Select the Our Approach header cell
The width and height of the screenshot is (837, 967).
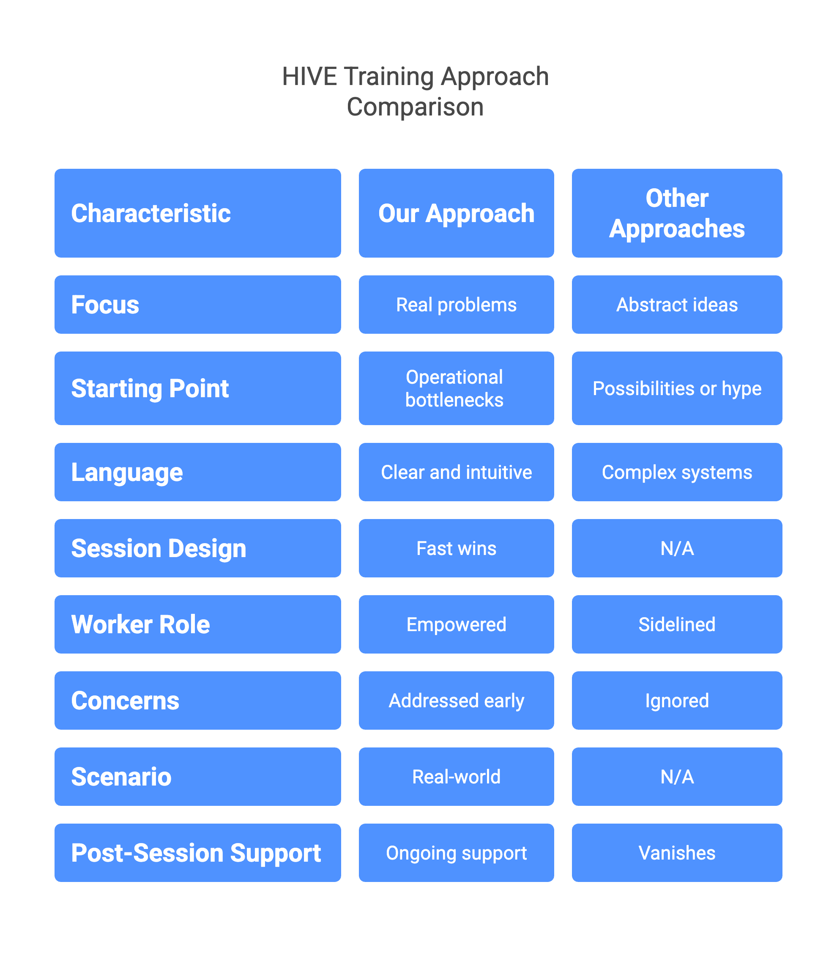pyautogui.click(x=456, y=213)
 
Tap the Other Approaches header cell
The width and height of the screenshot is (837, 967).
pyautogui.click(x=676, y=213)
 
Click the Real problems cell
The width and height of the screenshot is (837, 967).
pyautogui.click(x=456, y=305)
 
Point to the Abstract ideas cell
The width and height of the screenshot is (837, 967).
pyautogui.click(x=676, y=305)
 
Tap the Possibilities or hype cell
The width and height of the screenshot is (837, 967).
pyautogui.click(x=676, y=388)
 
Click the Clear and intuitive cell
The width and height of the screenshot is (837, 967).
pyautogui.click(x=456, y=472)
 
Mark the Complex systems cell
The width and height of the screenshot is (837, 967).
pyautogui.click(x=676, y=472)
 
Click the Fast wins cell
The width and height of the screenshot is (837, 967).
pyautogui.click(x=456, y=548)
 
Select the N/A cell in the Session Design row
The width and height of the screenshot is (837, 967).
pyautogui.click(x=676, y=548)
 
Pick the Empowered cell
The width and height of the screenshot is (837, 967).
pyautogui.click(x=456, y=624)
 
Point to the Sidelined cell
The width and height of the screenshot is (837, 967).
pyautogui.click(x=676, y=624)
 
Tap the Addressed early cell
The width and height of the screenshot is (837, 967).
pyautogui.click(x=456, y=701)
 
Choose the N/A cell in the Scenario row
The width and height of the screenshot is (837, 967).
pyautogui.click(x=676, y=777)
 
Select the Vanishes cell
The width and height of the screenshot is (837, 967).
pyautogui.click(x=676, y=853)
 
